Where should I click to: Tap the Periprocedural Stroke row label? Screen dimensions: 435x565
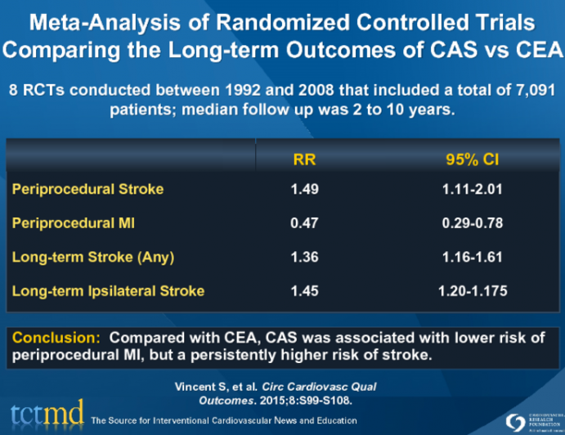(87, 190)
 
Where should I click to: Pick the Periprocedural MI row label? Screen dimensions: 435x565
(74, 223)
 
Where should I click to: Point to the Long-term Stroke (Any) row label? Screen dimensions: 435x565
(92, 257)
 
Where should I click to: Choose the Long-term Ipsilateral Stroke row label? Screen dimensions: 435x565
(108, 290)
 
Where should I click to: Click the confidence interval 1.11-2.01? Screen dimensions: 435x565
(468, 190)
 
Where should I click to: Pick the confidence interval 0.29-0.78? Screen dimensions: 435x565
(468, 223)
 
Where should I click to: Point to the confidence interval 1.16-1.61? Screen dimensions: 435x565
(468, 257)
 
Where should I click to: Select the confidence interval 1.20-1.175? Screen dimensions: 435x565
(468, 290)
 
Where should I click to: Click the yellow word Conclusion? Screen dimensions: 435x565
(56, 337)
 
